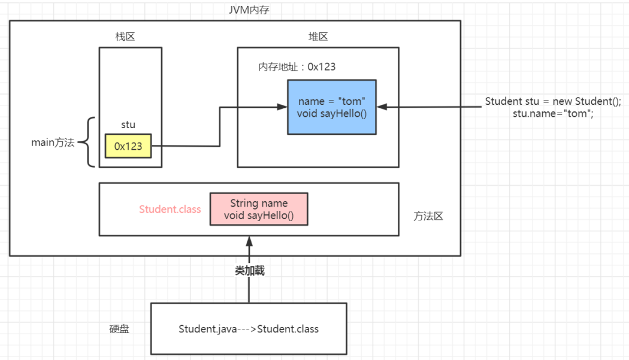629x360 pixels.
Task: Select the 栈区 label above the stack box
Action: tap(125, 37)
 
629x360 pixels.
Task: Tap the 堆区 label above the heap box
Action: tap(317, 37)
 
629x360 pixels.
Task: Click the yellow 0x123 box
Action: tap(128, 146)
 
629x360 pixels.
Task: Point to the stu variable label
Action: tap(128, 125)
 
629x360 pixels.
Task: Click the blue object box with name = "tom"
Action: tap(331, 107)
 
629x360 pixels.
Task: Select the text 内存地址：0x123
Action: tap(297, 66)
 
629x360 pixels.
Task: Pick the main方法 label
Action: tap(53, 143)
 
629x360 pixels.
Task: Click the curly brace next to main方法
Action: tap(90, 142)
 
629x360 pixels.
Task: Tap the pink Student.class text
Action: tap(170, 209)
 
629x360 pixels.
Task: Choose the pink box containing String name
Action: tap(259, 209)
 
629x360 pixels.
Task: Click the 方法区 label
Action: tap(428, 216)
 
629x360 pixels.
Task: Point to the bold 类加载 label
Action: tap(249, 271)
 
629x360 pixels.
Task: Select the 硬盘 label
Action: tap(119, 329)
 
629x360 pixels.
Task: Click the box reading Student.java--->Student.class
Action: tap(249, 329)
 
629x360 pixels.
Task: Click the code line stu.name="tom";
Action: tap(553, 113)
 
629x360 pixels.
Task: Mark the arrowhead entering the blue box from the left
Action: tap(283, 107)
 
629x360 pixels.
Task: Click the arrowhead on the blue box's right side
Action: tap(382, 107)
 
